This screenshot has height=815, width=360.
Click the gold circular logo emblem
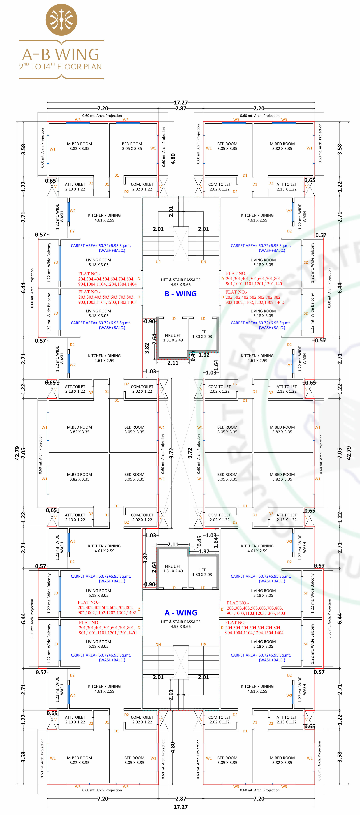point(61,20)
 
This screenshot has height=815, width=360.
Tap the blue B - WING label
point(181,294)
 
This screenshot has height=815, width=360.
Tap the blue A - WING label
point(181,613)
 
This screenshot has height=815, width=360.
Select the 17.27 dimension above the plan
point(181,103)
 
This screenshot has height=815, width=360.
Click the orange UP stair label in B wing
point(158,262)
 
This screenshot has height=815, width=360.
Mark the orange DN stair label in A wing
point(158,644)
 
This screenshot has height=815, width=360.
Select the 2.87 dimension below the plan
point(181,799)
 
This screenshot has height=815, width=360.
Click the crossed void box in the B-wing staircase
point(181,244)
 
